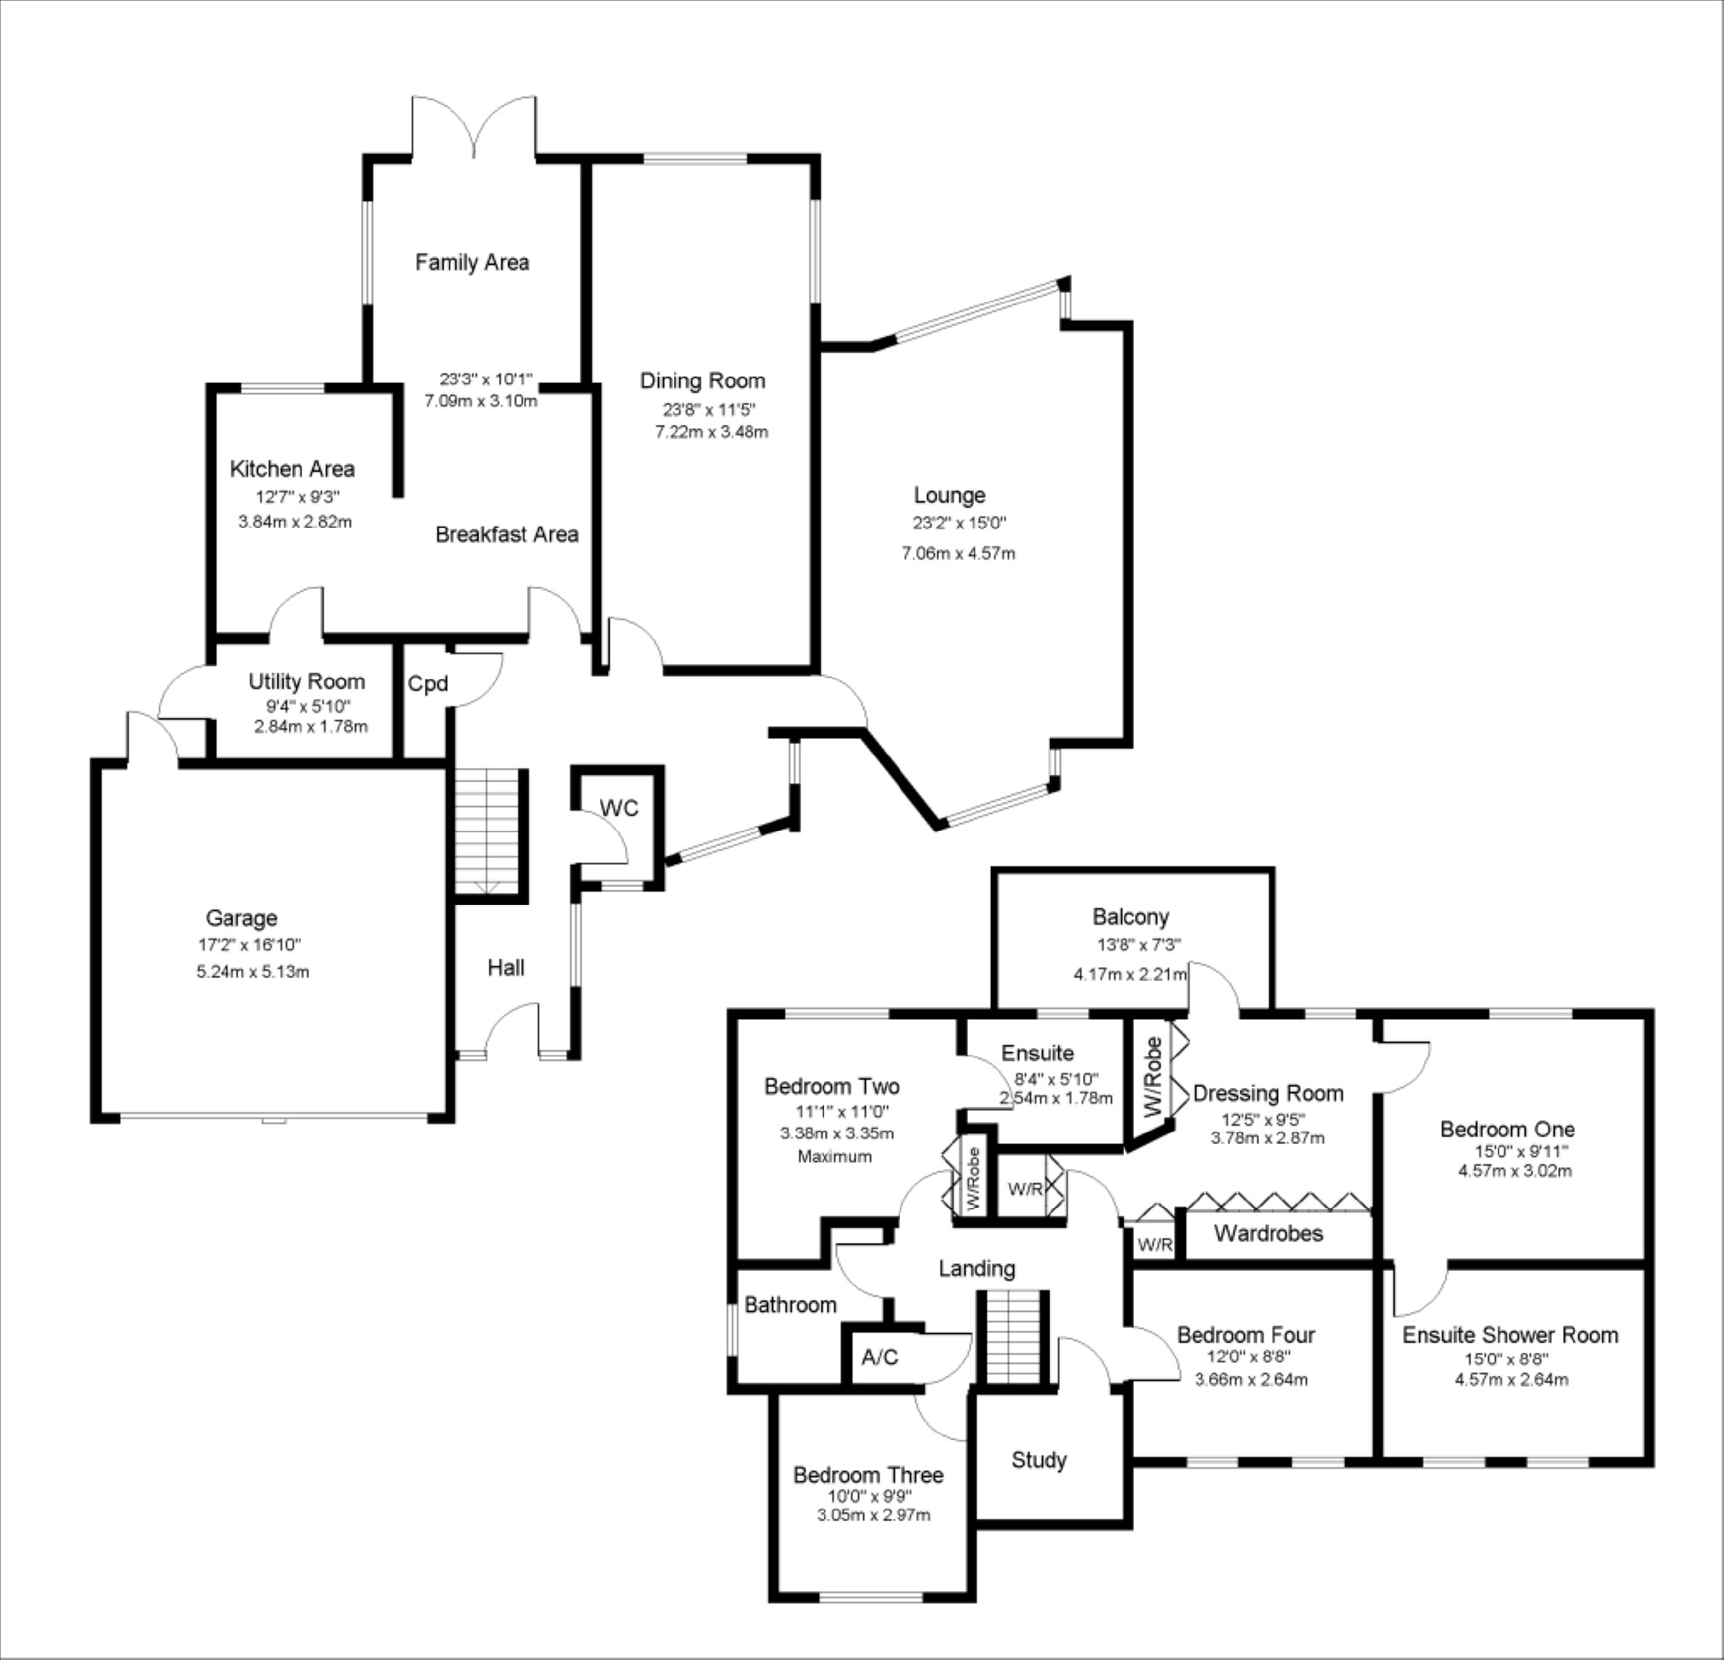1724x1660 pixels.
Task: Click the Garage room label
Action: (241, 919)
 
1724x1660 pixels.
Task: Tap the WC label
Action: (619, 809)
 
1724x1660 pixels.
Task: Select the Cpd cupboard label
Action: (427, 684)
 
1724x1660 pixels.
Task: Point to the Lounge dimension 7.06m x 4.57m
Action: (958, 553)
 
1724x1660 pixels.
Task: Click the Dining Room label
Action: (702, 381)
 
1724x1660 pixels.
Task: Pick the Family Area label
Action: (472, 262)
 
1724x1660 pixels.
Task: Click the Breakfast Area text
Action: (507, 534)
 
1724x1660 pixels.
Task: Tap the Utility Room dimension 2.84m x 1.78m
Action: (311, 727)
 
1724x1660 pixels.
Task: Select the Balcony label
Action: (1131, 917)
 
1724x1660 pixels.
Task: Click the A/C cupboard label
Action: (879, 1358)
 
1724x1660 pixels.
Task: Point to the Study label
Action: (1039, 1460)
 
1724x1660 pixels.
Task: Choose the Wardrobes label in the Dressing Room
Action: (1269, 1234)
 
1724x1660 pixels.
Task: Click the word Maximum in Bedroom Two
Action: (834, 1157)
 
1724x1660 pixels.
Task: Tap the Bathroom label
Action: (790, 1305)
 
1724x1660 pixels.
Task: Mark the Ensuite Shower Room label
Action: (1510, 1336)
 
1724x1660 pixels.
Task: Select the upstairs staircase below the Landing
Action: (1013, 1337)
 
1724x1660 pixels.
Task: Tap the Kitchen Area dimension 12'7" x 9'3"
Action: (297, 496)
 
